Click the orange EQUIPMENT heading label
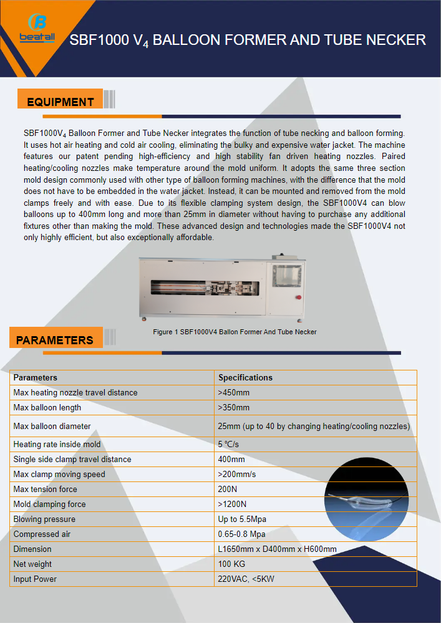point(61,102)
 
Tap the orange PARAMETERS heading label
point(55,340)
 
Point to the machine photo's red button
point(299,297)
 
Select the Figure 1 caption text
point(235,332)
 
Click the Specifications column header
point(245,377)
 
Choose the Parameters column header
point(35,377)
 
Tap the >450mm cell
point(234,392)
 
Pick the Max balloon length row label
point(47,407)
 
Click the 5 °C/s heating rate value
point(228,444)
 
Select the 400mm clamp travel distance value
point(231,459)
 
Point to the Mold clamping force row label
point(50,504)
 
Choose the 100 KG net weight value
point(231,564)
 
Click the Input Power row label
point(35,579)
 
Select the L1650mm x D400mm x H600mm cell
point(278,549)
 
